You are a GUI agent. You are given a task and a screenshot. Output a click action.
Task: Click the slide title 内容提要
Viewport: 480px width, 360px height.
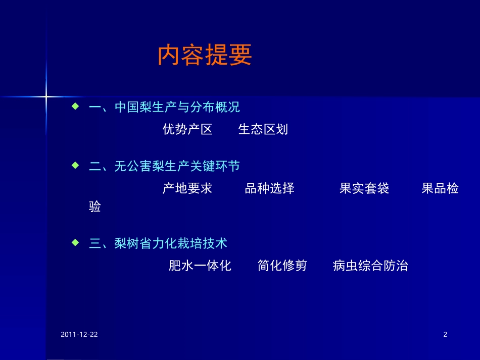click(x=205, y=56)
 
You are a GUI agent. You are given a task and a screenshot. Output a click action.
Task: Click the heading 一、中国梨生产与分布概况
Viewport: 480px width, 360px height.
click(x=164, y=108)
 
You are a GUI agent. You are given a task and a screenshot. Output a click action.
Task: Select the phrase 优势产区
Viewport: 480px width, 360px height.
click(x=187, y=129)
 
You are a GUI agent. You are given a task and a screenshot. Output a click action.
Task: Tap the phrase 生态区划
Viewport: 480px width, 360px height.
click(x=263, y=129)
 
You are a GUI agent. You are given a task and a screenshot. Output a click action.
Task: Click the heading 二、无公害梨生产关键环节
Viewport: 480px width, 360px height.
click(x=164, y=166)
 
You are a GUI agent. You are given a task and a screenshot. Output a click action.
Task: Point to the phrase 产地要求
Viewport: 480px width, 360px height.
click(x=187, y=189)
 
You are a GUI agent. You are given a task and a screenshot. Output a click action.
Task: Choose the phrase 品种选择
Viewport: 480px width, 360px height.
click(x=269, y=189)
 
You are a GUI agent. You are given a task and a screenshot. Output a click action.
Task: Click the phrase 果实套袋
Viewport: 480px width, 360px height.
click(x=364, y=189)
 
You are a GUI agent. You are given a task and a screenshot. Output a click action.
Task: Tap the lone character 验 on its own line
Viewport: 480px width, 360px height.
click(x=95, y=207)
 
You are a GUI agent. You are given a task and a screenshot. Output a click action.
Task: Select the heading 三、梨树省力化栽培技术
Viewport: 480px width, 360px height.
click(x=158, y=243)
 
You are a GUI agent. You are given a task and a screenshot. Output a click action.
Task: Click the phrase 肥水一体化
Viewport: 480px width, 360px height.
click(x=200, y=266)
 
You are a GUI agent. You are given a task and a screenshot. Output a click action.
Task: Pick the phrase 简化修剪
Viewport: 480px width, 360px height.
click(x=282, y=266)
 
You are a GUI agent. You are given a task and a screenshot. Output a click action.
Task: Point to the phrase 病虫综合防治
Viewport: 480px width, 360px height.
click(x=370, y=266)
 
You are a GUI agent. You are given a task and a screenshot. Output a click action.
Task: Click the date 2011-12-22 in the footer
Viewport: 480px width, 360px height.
click(x=79, y=334)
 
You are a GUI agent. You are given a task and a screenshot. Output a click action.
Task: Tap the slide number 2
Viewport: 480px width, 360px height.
click(x=445, y=334)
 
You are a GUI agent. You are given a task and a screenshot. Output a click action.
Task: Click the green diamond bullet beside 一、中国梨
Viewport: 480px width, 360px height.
click(x=75, y=107)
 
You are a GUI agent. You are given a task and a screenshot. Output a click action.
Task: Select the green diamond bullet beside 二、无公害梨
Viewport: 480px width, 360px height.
click(x=75, y=165)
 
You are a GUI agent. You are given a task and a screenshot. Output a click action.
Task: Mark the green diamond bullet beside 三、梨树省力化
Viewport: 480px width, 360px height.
click(x=75, y=242)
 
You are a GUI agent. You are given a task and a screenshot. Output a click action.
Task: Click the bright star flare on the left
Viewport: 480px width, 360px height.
click(x=46, y=95)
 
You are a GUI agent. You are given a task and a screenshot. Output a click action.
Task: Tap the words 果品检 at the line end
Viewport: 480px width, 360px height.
click(x=440, y=189)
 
